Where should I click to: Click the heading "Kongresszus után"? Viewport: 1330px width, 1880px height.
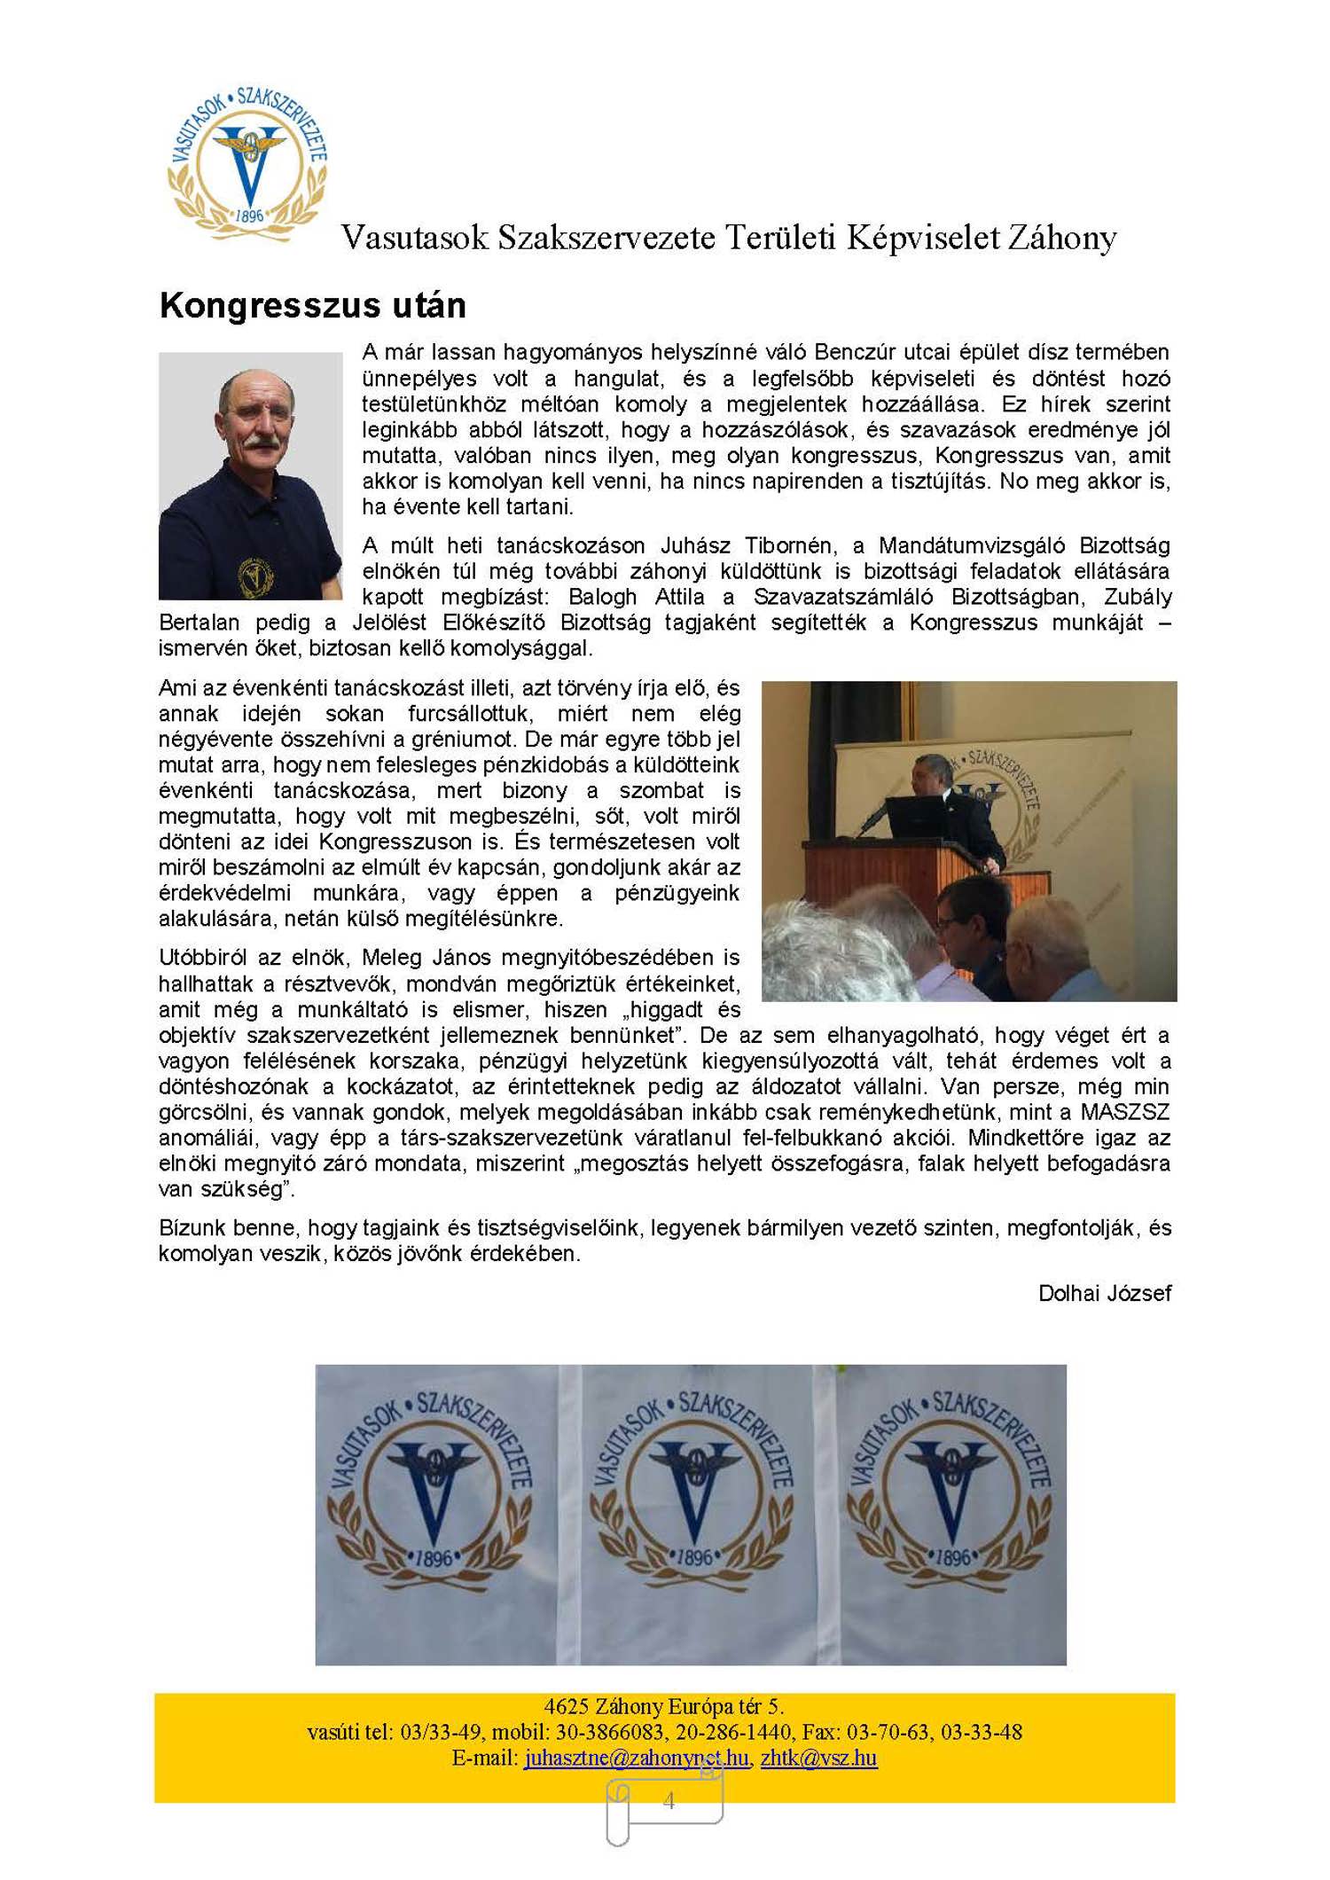pos(312,306)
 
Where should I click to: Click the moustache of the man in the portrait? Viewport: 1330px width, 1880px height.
pos(258,439)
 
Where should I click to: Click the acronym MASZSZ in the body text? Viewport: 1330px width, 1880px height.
pos(1124,1112)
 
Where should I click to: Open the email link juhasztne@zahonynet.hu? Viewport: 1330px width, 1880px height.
pos(636,1758)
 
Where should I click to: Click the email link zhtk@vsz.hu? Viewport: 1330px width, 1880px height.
pos(818,1758)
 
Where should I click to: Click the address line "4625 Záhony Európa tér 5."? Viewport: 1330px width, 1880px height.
pos(663,1706)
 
